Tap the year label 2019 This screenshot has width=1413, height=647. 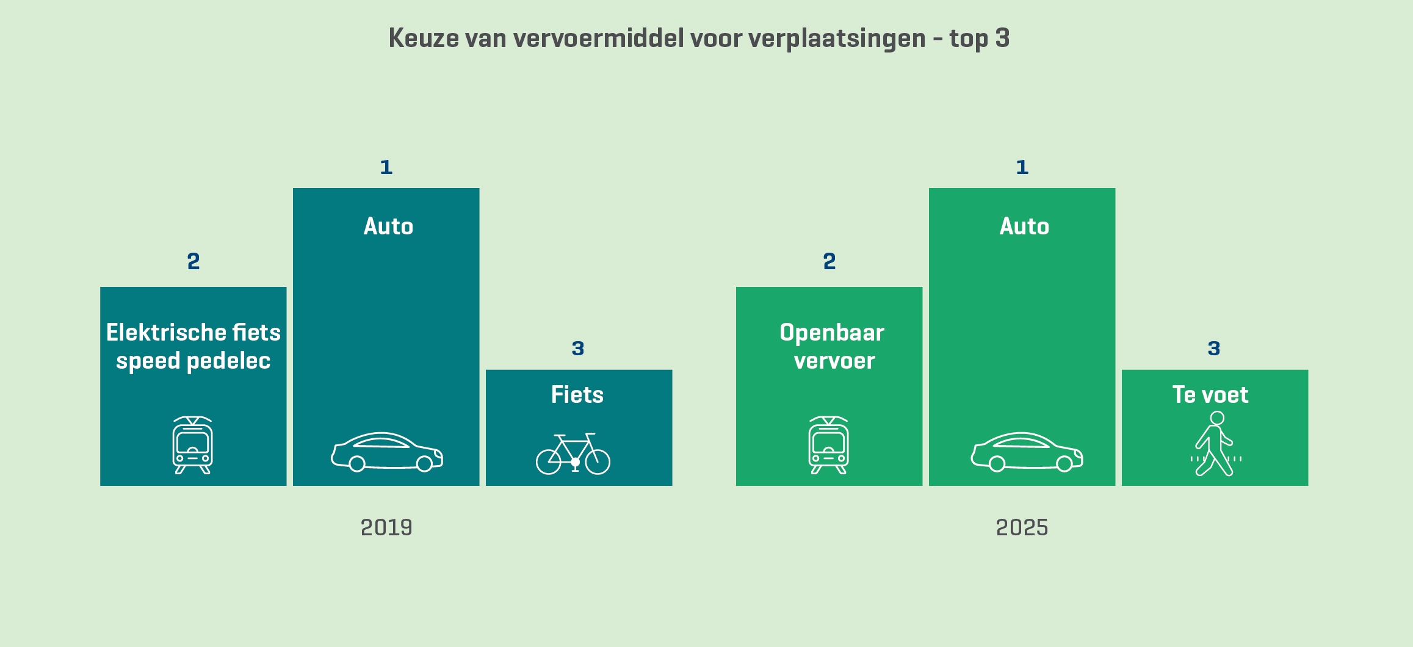tap(386, 527)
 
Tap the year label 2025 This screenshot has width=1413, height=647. tap(1022, 527)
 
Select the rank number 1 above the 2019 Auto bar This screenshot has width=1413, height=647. tap(386, 167)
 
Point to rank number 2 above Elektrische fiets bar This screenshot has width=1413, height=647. tap(193, 261)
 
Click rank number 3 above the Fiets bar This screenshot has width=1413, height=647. tap(578, 349)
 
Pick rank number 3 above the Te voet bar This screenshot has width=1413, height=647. tap(1214, 349)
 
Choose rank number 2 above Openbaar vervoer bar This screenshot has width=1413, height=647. tap(829, 261)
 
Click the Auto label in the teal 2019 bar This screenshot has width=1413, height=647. tap(388, 226)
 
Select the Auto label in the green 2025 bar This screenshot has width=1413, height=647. tap(1024, 226)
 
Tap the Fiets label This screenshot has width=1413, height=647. tap(577, 395)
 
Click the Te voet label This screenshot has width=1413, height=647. tap(1210, 395)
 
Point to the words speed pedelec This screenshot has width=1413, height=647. tap(193, 361)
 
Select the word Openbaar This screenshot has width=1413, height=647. tap(832, 333)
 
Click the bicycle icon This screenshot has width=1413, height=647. tap(573, 454)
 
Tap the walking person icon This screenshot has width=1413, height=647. tap(1215, 444)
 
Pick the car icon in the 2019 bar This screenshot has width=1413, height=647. tap(387, 452)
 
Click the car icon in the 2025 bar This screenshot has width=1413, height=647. tap(1027, 452)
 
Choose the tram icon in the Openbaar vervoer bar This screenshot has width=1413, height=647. tap(829, 445)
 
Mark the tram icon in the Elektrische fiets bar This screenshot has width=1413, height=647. tap(193, 445)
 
